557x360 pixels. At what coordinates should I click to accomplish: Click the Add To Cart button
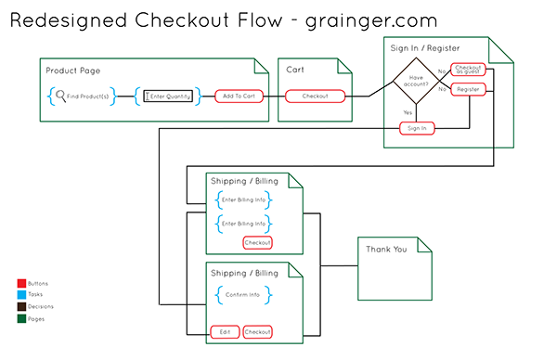pos(237,96)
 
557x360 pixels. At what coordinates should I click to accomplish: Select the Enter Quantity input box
pos(168,96)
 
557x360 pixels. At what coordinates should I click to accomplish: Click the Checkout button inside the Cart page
pos(316,96)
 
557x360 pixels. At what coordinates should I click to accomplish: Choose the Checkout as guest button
pos(467,71)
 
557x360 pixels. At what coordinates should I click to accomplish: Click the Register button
pos(467,89)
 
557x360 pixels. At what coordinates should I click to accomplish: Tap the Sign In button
pos(418,128)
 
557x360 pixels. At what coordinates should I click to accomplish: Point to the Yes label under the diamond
pos(408,112)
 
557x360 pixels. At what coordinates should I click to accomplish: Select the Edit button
pos(225,331)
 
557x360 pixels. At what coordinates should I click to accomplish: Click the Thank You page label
pos(385,249)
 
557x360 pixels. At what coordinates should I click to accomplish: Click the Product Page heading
pos(73,71)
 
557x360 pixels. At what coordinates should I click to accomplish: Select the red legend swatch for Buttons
pos(21,283)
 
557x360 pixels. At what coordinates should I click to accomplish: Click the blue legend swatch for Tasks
pos(21,294)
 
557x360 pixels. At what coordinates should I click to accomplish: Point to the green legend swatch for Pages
pos(21,317)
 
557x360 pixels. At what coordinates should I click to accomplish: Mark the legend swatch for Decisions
pos(21,305)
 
